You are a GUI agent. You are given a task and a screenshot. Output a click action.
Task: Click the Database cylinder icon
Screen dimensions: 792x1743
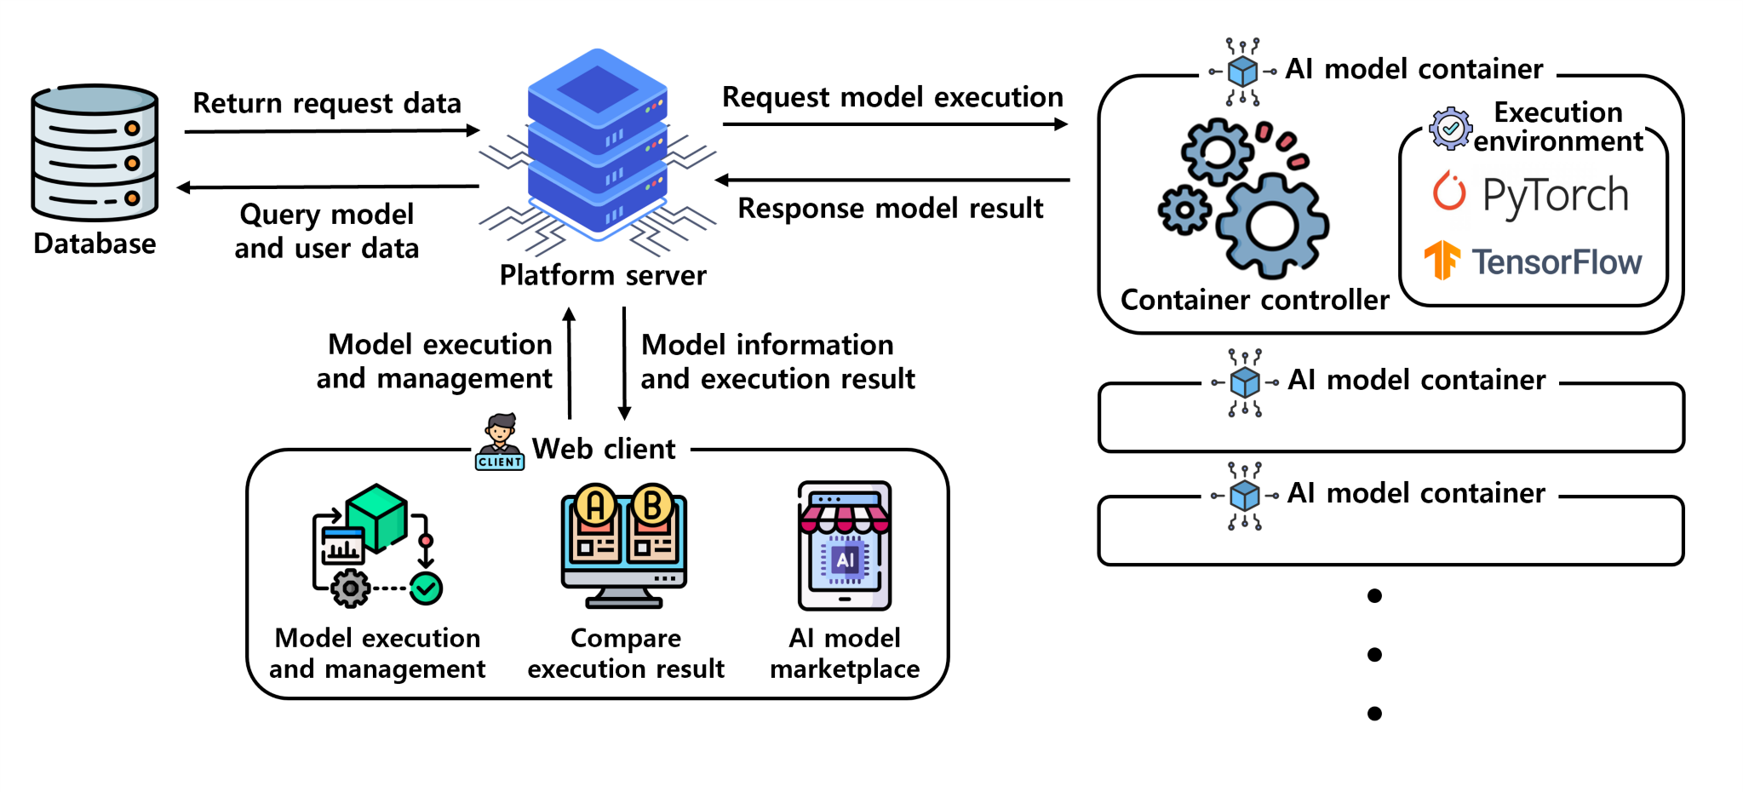(x=95, y=153)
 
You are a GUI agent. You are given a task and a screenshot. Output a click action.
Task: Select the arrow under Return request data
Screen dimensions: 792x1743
(x=332, y=131)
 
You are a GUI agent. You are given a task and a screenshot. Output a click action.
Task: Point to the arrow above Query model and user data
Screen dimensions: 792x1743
(x=328, y=187)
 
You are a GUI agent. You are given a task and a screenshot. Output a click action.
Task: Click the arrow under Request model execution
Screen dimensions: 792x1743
(x=895, y=124)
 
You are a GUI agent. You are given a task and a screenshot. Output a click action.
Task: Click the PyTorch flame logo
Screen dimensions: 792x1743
(x=1448, y=192)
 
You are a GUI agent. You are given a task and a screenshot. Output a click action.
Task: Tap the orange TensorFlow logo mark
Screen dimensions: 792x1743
(x=1442, y=260)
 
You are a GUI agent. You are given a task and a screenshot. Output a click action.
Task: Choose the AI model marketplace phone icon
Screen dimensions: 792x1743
(x=844, y=546)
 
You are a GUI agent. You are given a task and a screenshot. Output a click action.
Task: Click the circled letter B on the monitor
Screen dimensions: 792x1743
(x=652, y=506)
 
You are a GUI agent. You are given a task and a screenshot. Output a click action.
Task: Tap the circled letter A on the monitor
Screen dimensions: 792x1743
(x=595, y=506)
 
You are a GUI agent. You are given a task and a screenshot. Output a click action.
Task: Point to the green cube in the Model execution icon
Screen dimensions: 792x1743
(x=376, y=516)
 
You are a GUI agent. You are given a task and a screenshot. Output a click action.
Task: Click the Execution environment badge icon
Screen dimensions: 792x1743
(x=1450, y=129)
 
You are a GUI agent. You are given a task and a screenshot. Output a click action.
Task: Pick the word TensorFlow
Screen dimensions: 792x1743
(x=1557, y=262)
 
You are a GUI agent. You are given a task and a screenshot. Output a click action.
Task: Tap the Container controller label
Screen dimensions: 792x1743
(x=1254, y=300)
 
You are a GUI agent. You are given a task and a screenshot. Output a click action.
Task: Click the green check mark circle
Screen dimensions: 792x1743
(x=426, y=588)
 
